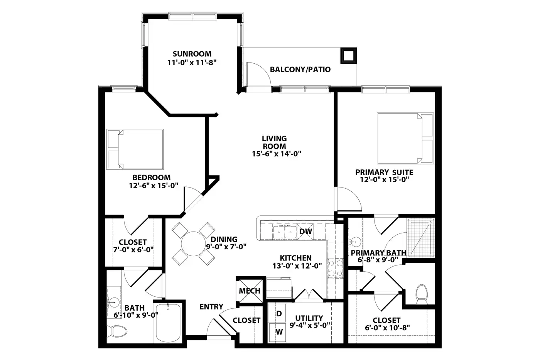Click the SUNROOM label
coord(192,54)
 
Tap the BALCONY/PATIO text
coord(300,69)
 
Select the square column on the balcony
coord(348,56)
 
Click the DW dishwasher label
coord(305,232)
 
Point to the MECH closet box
coord(250,291)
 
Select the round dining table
coord(193,244)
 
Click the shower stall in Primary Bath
coord(421,238)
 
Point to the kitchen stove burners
coord(335,269)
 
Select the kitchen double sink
coord(285,232)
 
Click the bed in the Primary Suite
coord(405,139)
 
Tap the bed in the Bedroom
coord(135,149)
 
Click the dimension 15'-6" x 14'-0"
coord(277,154)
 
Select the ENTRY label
coord(211,307)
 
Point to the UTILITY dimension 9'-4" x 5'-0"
coord(309,325)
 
